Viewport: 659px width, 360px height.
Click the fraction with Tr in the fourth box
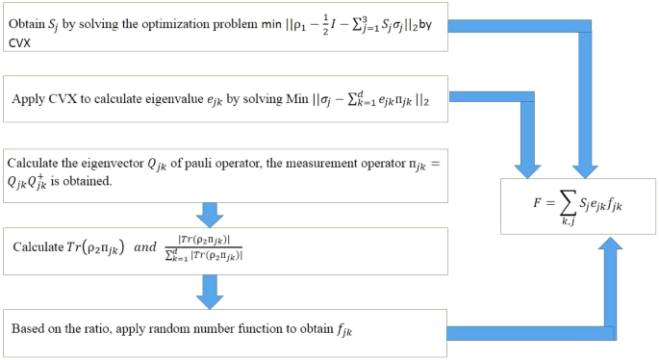click(205, 246)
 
